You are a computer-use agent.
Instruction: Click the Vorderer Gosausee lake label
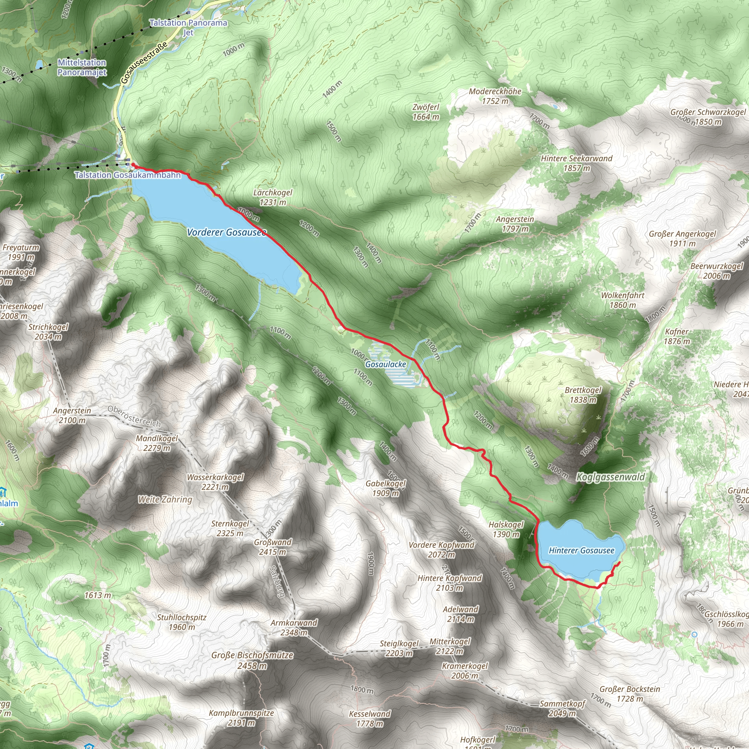point(226,232)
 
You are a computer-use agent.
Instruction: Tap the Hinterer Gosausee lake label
point(581,550)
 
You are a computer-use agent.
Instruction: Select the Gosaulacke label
point(386,364)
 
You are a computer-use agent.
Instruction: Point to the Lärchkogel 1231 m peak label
point(272,197)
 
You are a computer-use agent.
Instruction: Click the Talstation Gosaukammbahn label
point(128,175)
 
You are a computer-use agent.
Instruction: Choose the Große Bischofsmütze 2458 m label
point(252,660)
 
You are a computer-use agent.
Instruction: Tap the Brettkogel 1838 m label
point(583,395)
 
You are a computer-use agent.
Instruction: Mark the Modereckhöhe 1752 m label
point(495,96)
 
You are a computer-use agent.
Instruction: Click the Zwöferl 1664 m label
point(426,112)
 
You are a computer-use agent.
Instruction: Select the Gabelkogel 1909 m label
point(386,488)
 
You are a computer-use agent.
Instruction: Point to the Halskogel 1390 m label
point(506,529)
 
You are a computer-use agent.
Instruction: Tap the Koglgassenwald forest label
point(611,477)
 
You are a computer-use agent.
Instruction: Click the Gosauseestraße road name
point(144,63)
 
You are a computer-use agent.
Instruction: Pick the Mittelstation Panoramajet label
point(82,67)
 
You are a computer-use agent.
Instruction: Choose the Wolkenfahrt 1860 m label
point(622,300)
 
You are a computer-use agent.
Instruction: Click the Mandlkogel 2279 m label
point(157,443)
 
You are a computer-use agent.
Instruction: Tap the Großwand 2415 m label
point(272,547)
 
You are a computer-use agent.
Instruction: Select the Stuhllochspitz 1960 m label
point(181,622)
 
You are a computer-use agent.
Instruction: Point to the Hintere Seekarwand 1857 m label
point(576,163)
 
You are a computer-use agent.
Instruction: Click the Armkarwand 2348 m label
point(294,628)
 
